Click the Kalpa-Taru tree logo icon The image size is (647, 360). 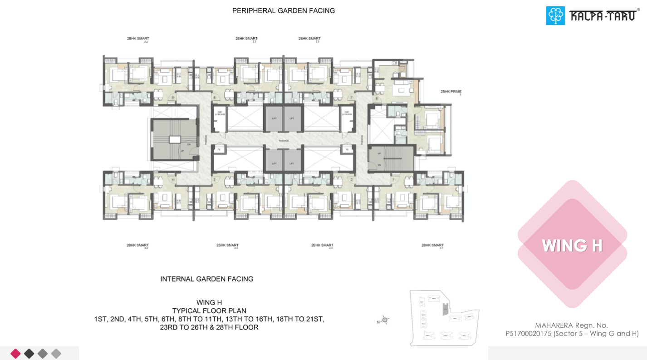click(x=555, y=15)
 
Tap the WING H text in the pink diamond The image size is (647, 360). click(x=572, y=246)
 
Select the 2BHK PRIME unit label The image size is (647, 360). click(x=451, y=92)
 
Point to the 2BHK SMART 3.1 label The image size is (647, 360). click(x=432, y=246)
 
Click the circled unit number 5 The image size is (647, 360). click(x=172, y=97)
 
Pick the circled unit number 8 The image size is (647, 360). click(x=376, y=99)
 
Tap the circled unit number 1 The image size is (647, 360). click(x=393, y=180)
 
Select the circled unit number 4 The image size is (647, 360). click(x=173, y=180)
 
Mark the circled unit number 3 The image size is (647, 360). click(x=215, y=180)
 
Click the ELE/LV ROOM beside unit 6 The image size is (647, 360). click(x=220, y=113)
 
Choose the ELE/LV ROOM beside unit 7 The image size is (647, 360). click(x=347, y=113)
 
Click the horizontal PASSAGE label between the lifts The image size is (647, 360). click(x=284, y=141)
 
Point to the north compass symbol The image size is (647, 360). click(x=385, y=320)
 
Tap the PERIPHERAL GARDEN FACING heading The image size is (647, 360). click(x=283, y=10)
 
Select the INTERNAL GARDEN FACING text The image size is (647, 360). click(x=206, y=279)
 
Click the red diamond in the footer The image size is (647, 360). click(x=15, y=353)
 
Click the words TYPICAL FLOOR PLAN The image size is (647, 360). click(x=209, y=311)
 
